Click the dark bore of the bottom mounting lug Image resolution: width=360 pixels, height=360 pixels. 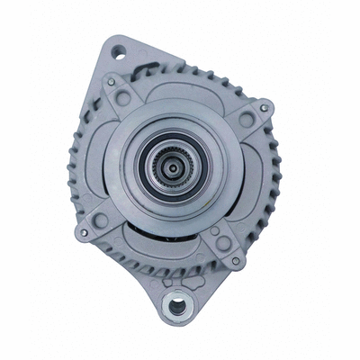pyautogui.click(x=178, y=305)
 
